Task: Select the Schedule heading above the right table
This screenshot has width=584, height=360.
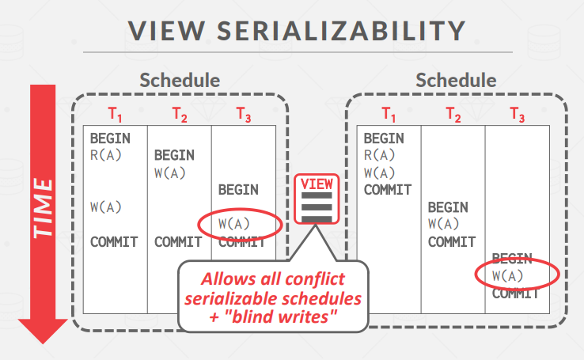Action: [x=456, y=80]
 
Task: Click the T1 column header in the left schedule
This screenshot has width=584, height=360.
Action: [x=115, y=114]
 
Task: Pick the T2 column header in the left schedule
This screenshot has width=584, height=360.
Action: [x=180, y=114]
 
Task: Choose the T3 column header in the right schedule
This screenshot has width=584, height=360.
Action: [x=517, y=114]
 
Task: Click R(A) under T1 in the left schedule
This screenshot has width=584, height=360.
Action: [x=106, y=155]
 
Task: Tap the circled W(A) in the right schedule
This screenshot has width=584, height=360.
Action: [x=508, y=276]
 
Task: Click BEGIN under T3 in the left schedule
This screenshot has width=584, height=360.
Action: [x=237, y=190]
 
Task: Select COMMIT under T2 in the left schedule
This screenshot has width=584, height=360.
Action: [x=178, y=242]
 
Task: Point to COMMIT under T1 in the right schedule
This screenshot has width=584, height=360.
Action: [x=388, y=190]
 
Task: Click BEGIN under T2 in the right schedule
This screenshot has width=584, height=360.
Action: [x=448, y=207]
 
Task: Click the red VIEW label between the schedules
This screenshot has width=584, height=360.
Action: [x=316, y=184]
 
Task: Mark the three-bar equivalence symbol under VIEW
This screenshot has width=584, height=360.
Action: [x=316, y=208]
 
